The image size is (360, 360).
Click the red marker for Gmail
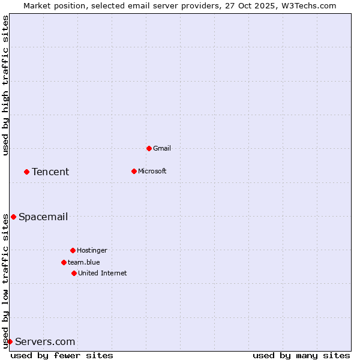[x=149, y=148]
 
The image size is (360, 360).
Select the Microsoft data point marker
[x=134, y=171]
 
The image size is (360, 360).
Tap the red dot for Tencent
[x=26, y=172]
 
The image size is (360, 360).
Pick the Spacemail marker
[x=13, y=217]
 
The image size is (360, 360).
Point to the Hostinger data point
[x=73, y=250]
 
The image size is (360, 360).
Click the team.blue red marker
[x=64, y=262]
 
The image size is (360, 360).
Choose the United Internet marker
[x=74, y=273]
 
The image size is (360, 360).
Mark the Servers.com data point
[x=10, y=341]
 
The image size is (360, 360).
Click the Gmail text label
[x=162, y=148]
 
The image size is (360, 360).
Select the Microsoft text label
[x=152, y=171]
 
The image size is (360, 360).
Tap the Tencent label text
[x=50, y=172]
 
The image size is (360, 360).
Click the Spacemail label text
[x=43, y=217]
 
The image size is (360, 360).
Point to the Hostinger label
[x=92, y=250]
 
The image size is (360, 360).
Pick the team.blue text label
[x=84, y=262]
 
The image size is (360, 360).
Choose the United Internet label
[x=103, y=273]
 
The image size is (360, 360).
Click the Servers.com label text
[x=45, y=341]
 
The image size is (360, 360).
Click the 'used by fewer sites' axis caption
[x=62, y=355]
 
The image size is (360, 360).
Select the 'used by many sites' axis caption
[x=301, y=355]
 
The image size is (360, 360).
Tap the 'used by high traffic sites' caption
[x=5, y=85]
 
